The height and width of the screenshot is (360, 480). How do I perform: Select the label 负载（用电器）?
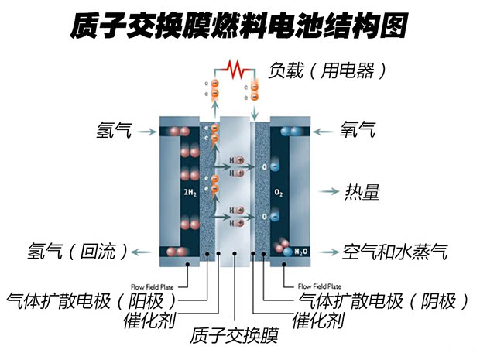[325, 70]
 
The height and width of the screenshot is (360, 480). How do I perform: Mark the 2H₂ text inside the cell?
[189, 190]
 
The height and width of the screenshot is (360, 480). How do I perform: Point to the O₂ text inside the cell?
[280, 190]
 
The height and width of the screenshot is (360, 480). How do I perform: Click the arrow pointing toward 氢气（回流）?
[142, 251]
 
